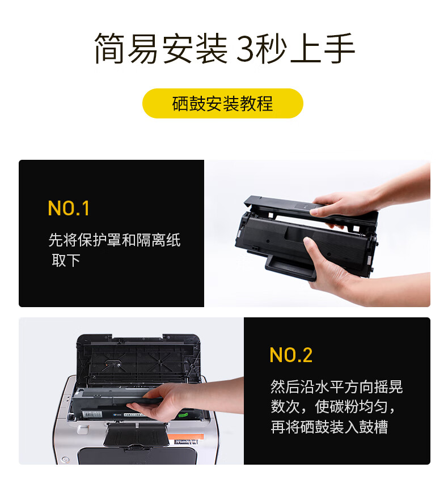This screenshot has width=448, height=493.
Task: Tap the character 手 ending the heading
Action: (339, 48)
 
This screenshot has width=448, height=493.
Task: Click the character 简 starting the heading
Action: (109, 48)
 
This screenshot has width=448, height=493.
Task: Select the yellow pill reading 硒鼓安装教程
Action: (223, 104)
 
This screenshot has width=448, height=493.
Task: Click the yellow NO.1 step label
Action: (69, 208)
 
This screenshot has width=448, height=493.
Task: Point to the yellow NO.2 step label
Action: (291, 355)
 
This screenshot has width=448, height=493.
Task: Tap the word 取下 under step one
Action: (66, 261)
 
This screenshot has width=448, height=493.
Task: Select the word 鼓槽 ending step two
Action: (374, 427)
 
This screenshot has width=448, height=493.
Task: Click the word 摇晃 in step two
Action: (388, 386)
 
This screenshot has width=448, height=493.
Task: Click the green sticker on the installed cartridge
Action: (183, 415)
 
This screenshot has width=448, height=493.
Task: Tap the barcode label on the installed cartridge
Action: (93, 415)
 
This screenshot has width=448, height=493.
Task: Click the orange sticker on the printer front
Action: (185, 436)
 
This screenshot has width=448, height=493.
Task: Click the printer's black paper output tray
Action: (136, 434)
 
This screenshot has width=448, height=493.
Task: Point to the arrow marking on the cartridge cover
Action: (305, 206)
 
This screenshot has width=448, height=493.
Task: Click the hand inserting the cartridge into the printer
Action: (176, 401)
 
